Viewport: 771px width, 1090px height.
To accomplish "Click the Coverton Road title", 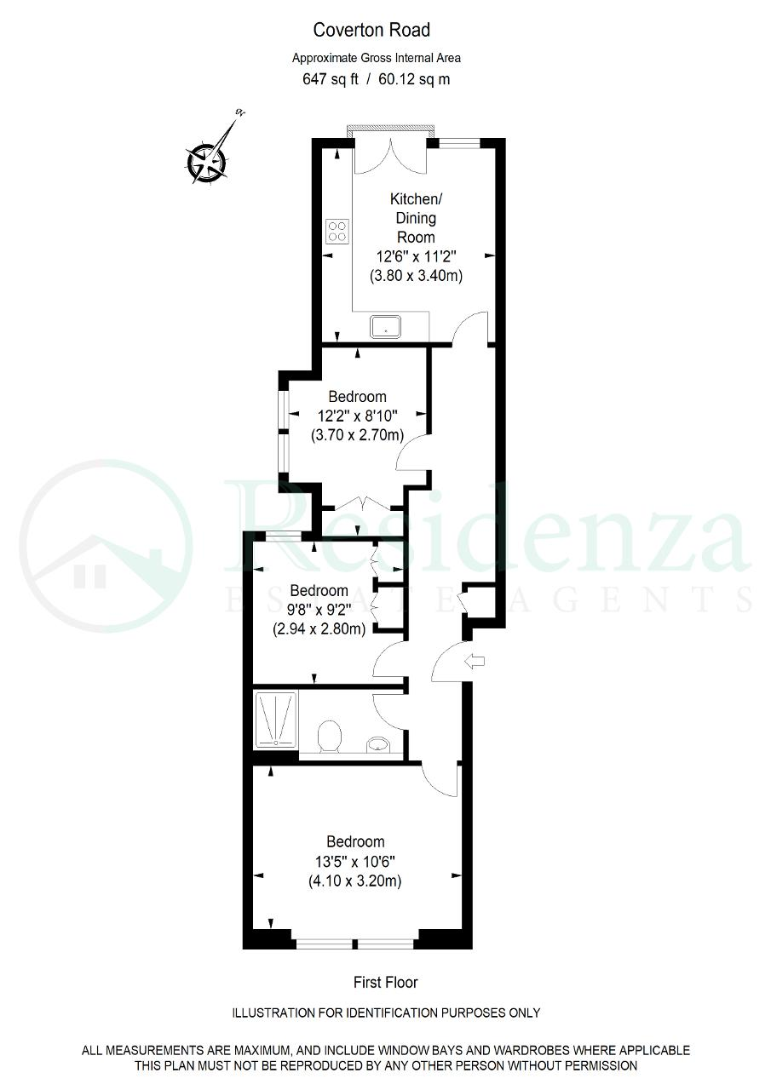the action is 371,30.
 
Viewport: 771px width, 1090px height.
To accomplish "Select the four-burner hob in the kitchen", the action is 337,231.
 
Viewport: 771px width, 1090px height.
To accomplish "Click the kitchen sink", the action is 385,326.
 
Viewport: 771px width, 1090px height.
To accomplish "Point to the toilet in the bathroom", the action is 329,737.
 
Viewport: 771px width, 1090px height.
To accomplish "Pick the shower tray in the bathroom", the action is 275,720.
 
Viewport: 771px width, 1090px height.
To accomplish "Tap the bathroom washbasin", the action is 378,744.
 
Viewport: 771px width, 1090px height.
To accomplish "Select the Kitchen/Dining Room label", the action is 416,218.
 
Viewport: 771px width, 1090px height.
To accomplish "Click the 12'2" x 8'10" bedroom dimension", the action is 358,416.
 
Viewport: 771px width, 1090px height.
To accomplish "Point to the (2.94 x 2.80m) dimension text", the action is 319,629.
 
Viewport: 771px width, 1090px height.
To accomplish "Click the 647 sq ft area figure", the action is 330,79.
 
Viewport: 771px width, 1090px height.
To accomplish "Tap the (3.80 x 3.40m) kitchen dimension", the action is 416,276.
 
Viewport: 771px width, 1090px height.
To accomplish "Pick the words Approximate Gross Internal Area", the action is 377,59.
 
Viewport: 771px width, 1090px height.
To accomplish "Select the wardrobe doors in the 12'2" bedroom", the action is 364,504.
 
